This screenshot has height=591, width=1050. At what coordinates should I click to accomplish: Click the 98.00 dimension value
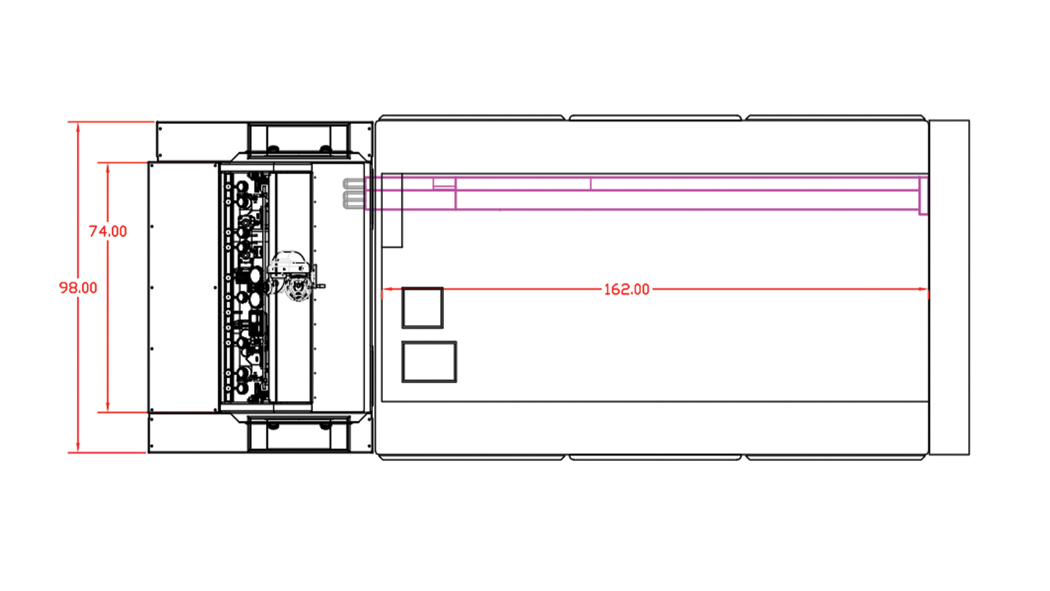tap(78, 288)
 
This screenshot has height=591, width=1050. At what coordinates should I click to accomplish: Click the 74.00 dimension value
tap(108, 231)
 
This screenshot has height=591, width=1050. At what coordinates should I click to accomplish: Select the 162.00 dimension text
tap(627, 290)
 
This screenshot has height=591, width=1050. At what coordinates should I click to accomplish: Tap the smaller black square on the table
tap(423, 308)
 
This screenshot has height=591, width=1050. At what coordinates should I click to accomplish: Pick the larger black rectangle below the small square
tap(429, 362)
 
